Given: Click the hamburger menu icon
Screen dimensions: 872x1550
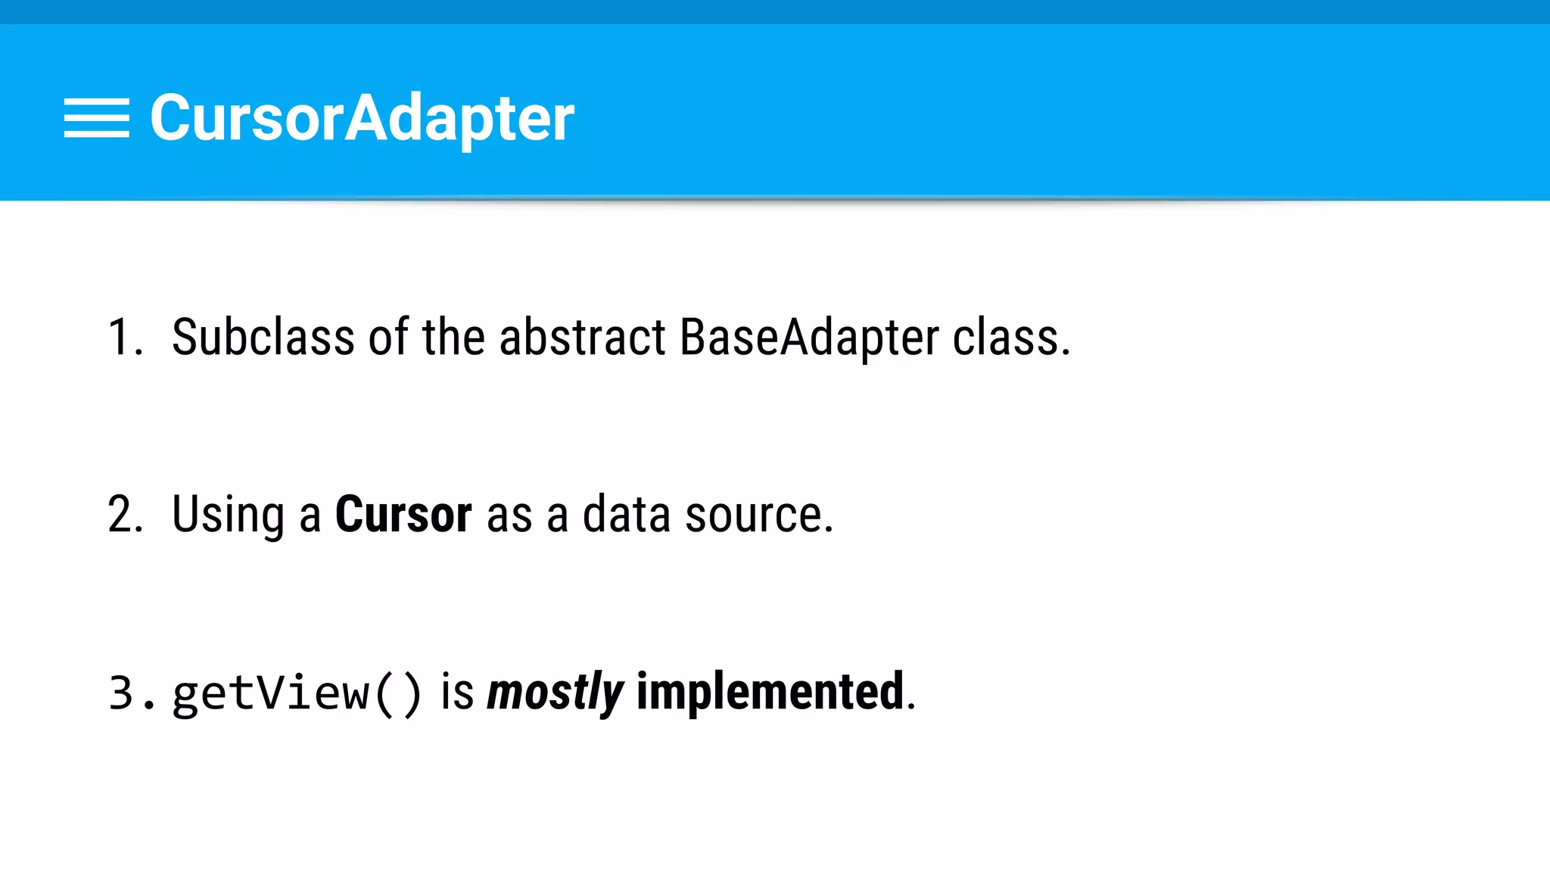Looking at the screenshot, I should click(x=96, y=118).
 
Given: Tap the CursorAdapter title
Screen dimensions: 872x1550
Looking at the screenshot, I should click(x=362, y=118).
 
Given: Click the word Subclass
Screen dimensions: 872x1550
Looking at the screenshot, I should click(x=263, y=337).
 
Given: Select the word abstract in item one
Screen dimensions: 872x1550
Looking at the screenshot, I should click(x=582, y=337).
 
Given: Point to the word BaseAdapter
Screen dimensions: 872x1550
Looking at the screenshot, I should click(x=808, y=337).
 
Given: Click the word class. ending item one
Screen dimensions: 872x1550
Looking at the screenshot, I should click(x=1010, y=337).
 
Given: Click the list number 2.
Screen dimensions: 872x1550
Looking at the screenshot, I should click(x=125, y=515).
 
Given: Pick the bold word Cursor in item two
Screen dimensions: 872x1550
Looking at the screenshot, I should click(x=403, y=515).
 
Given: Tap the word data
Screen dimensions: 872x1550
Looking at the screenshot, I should click(x=626, y=515).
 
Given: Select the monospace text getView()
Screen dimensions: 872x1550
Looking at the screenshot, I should click(x=297, y=693).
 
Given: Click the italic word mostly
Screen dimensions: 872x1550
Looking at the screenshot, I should click(x=555, y=693).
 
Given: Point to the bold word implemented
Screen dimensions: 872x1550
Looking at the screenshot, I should click(x=770, y=691).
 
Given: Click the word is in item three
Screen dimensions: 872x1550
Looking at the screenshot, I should click(x=457, y=691).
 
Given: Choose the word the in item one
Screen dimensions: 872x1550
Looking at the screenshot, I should click(x=453, y=337).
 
